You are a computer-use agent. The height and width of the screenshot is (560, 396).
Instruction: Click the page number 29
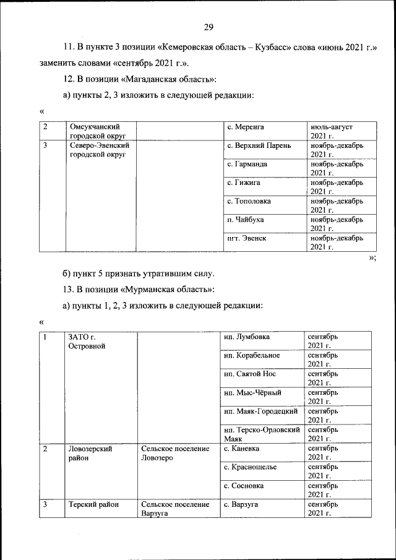209,26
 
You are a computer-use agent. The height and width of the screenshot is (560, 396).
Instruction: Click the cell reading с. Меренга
246,127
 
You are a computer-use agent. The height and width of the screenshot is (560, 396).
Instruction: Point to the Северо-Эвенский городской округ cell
99,150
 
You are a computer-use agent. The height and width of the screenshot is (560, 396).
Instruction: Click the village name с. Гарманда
249,164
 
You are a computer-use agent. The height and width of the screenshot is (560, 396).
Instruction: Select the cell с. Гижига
243,183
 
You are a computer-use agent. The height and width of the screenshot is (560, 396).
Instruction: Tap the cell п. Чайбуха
246,220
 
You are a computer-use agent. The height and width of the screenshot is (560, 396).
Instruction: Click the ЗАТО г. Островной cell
87,341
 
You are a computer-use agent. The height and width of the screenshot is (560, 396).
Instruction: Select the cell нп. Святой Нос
250,374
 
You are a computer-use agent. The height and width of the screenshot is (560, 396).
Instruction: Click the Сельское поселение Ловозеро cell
175,452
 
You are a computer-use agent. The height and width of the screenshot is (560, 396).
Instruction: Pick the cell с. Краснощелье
250,467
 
